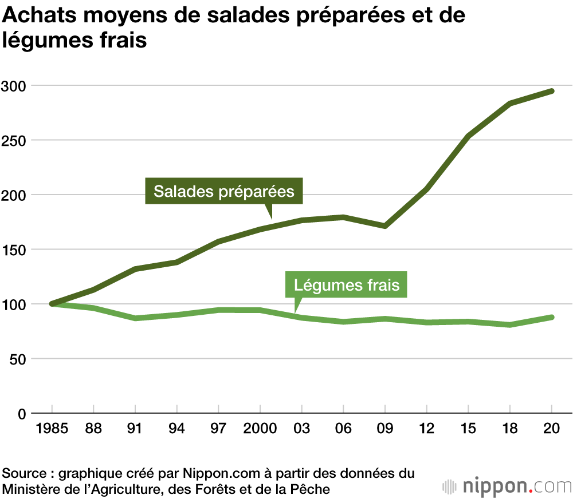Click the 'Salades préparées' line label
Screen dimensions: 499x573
[223, 191]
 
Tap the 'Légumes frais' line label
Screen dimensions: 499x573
[346, 284]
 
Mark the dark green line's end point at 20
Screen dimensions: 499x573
[551, 91]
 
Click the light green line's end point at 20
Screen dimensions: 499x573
[551, 317]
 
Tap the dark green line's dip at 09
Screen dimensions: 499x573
[384, 226]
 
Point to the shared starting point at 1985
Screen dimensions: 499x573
[52, 304]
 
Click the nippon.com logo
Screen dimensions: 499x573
[507, 486]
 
